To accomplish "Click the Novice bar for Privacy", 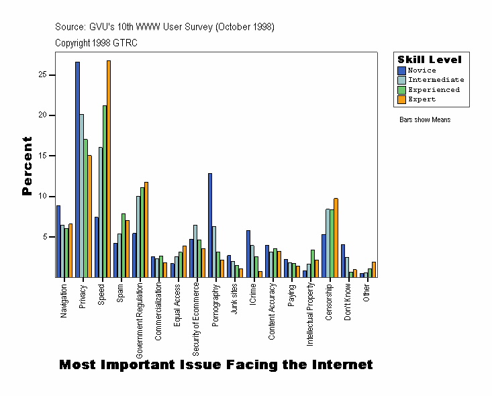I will (x=77, y=169).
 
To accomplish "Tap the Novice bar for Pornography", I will (x=210, y=225).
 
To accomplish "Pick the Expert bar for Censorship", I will (x=336, y=238).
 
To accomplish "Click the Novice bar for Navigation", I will (x=58, y=241).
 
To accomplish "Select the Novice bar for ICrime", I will (x=248, y=254).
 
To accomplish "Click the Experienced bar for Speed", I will (x=105, y=191).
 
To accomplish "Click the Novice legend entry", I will (x=422, y=70).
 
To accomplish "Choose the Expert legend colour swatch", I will (x=401, y=99).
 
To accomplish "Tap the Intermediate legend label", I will (x=436, y=80).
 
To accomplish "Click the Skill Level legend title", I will (x=430, y=60).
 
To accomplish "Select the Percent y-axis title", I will (x=28, y=166).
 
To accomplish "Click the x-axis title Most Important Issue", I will (x=215, y=365).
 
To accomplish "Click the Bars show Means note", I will (x=425, y=119).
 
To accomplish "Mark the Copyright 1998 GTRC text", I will (x=96, y=42).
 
